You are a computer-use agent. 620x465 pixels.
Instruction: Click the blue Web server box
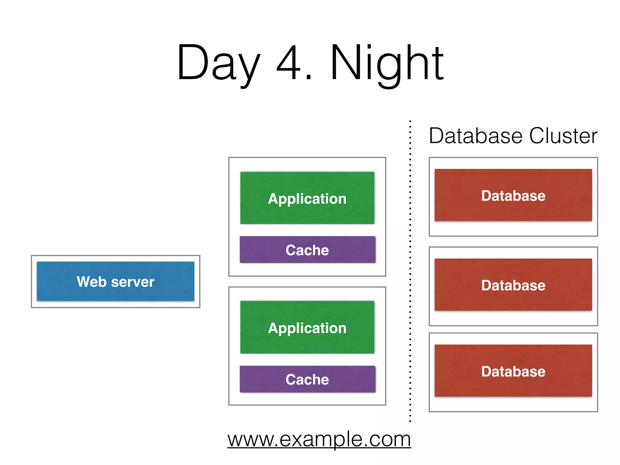(x=115, y=281)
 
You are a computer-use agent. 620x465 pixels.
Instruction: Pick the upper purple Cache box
(x=307, y=250)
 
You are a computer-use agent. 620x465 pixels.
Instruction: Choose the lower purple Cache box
(x=307, y=379)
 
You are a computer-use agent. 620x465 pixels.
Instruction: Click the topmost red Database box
(x=513, y=195)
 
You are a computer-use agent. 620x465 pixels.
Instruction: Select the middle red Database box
(x=513, y=285)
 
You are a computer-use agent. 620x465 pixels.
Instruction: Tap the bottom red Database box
(x=513, y=371)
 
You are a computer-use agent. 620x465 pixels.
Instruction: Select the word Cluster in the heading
(x=563, y=136)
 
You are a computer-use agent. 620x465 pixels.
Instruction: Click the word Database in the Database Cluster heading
(x=476, y=136)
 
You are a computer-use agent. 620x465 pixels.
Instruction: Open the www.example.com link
(x=319, y=439)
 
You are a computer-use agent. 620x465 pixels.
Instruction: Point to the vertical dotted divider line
(x=410, y=272)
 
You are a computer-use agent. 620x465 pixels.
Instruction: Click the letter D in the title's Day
(x=193, y=62)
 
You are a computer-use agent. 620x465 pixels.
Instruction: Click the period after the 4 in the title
(x=309, y=77)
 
